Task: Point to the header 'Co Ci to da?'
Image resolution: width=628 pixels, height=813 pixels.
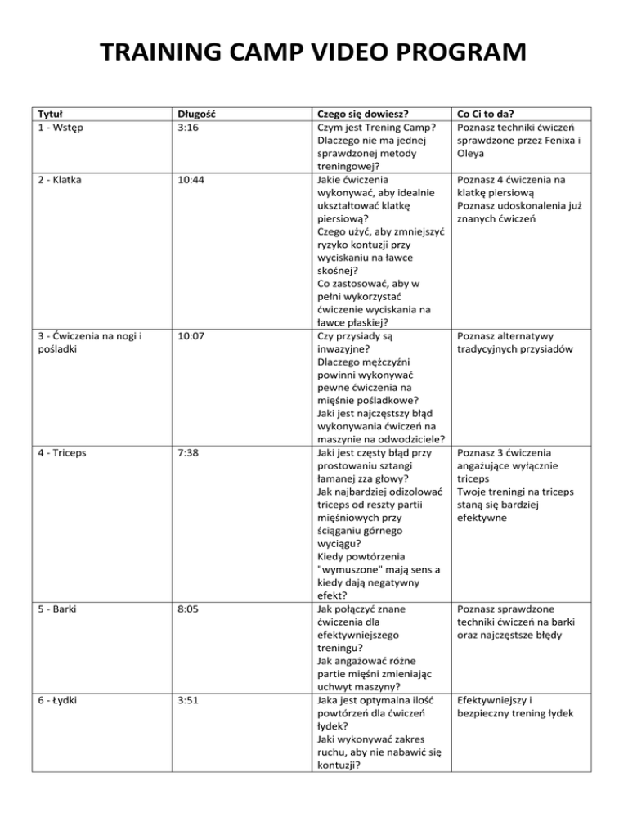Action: [x=491, y=114]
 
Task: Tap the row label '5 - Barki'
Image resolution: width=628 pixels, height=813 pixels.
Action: [x=52, y=609]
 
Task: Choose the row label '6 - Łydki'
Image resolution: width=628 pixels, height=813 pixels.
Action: [x=53, y=700]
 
